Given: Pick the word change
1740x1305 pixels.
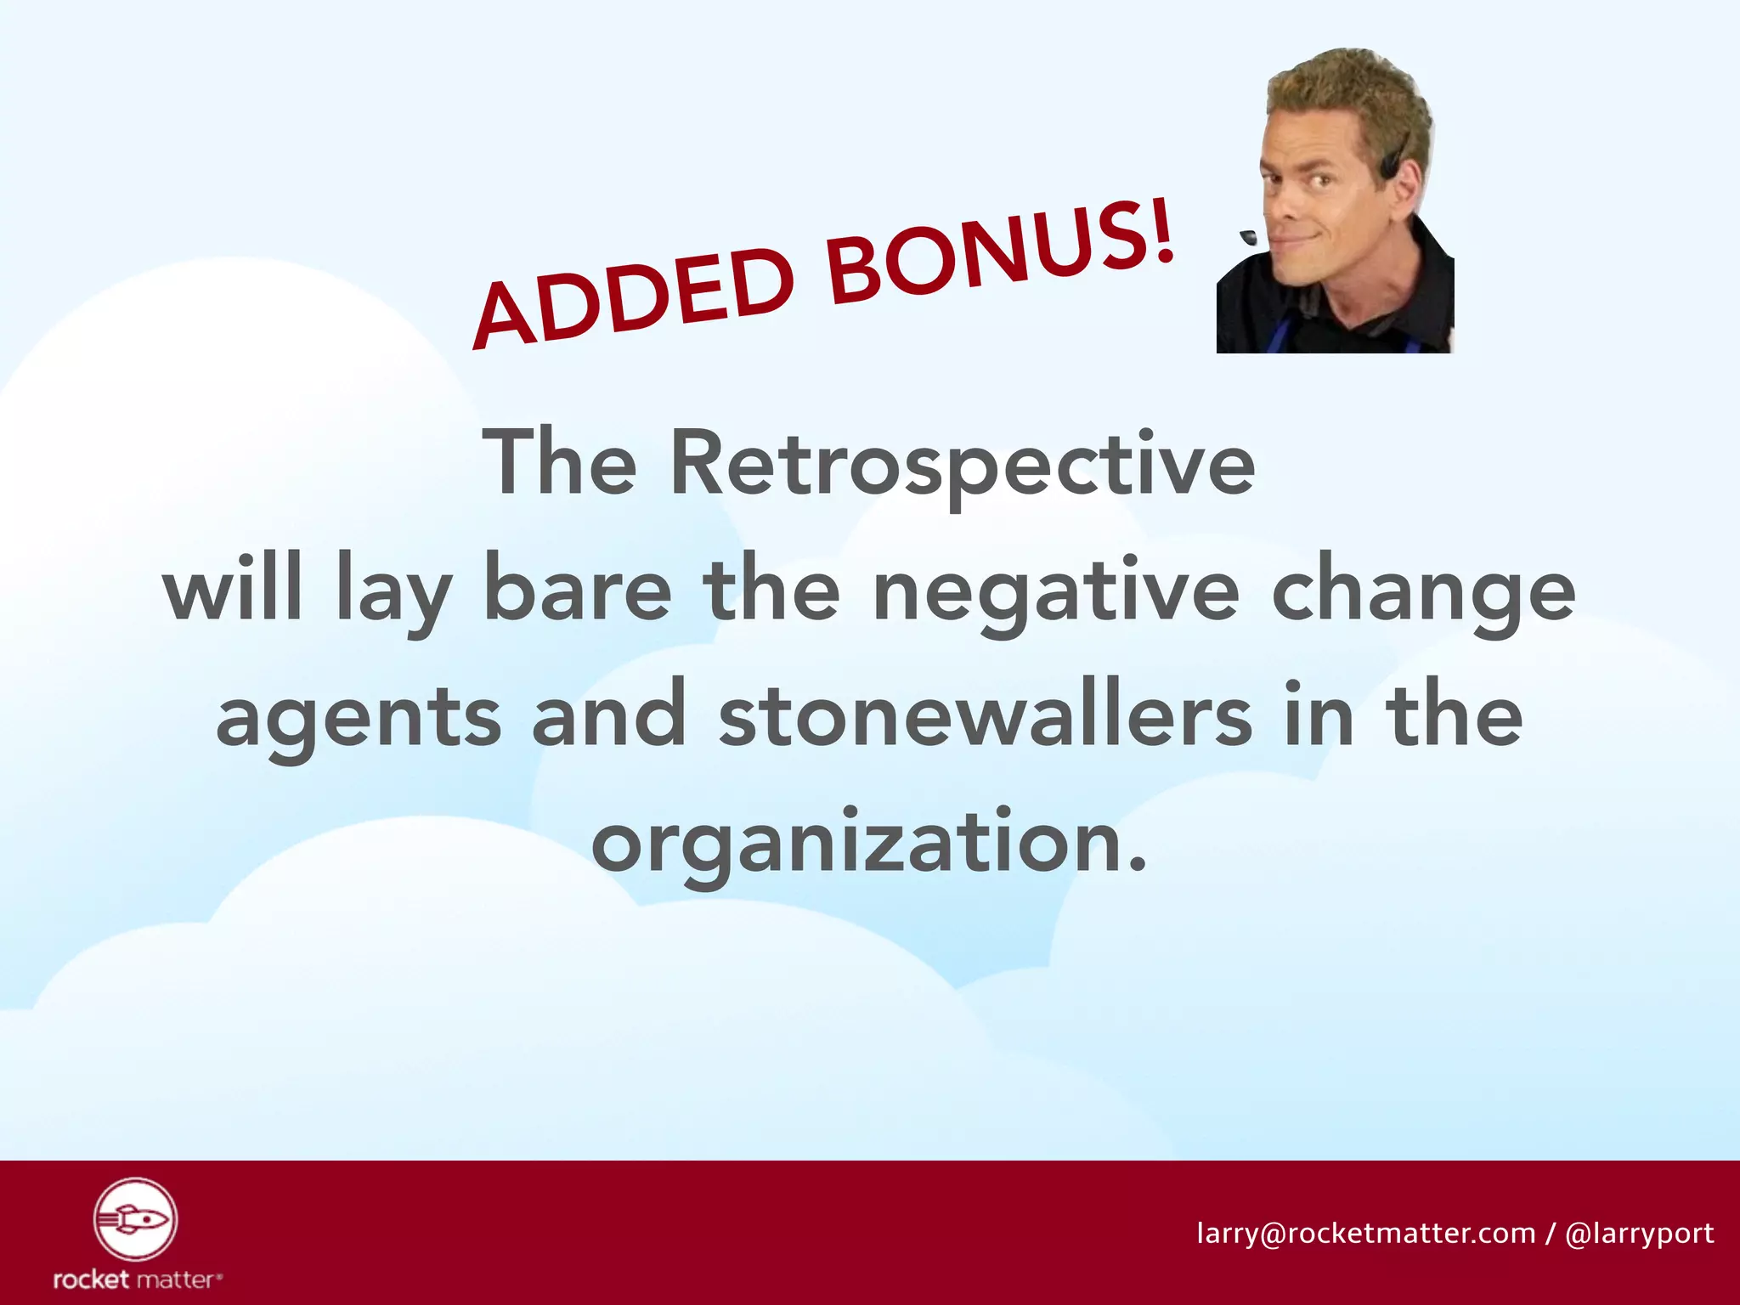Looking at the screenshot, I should point(1423,595).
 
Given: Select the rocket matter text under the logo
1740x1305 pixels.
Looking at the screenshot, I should point(136,1279).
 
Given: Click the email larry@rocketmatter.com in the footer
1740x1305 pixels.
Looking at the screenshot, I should point(1365,1233).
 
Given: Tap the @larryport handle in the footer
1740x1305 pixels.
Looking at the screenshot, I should point(1639,1233).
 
